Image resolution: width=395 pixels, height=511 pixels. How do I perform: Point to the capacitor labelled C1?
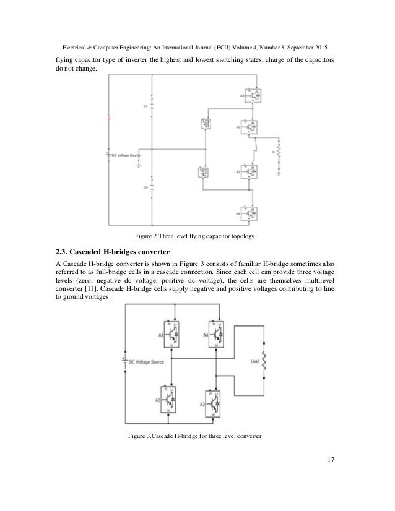point(152,106)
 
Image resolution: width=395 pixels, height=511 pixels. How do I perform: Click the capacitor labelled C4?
point(152,186)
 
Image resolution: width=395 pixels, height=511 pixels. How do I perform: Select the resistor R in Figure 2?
point(279,150)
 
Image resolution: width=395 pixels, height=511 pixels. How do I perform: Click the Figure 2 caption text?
point(197,236)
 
